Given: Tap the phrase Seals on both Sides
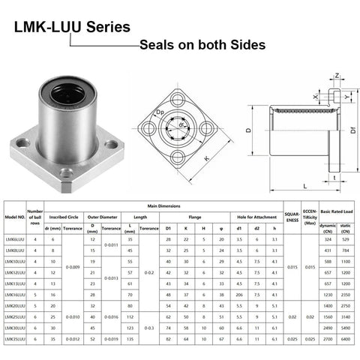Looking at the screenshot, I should [202, 45].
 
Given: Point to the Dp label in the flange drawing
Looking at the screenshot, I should [159, 113].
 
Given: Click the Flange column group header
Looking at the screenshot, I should [194, 216].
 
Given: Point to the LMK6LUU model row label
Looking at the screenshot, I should [15, 238].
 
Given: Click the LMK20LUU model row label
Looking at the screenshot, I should [15, 306].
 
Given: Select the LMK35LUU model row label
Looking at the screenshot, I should [15, 340].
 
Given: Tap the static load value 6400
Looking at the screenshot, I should [346, 340].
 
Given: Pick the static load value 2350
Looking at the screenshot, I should [346, 295].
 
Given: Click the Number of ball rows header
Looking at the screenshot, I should [35, 217].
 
